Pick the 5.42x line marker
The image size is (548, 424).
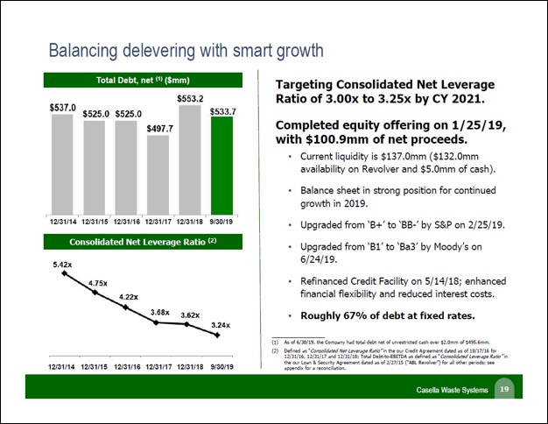(x=63, y=273)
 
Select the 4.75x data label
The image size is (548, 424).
(x=98, y=282)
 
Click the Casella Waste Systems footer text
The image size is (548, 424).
(x=452, y=389)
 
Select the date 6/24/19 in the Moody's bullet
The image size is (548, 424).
(x=317, y=259)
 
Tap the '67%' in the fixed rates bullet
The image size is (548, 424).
(x=361, y=315)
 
